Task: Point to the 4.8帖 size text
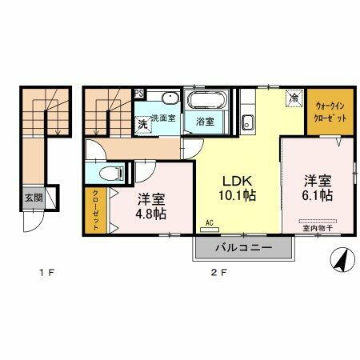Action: (150, 214)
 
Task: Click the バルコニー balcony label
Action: (243, 248)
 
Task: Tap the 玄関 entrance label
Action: (32, 198)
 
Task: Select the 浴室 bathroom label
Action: (206, 122)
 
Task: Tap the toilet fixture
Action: (113, 173)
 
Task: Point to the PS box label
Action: (139, 92)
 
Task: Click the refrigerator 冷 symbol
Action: (294, 98)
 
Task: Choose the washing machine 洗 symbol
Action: (142, 123)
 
